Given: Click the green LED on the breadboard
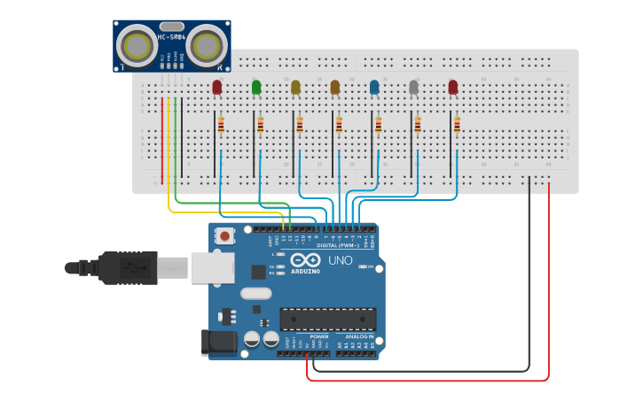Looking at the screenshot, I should click(256, 87).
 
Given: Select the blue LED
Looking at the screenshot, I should click(374, 87).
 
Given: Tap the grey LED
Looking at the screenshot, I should click(413, 87).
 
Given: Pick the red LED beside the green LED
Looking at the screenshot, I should click(217, 87).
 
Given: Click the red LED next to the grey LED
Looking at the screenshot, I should click(453, 87).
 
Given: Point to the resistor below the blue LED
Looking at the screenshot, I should click(378, 125).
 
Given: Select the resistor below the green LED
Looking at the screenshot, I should click(261, 125).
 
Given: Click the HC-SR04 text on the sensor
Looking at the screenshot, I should click(172, 37).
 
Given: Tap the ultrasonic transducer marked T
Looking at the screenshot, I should click(137, 43).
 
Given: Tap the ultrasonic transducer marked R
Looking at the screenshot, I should click(206, 43).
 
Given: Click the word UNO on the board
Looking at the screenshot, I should click(341, 261).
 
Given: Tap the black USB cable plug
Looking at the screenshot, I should click(128, 267).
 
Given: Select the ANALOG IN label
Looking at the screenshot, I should click(359, 337).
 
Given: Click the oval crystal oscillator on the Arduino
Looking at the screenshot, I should click(255, 295).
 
